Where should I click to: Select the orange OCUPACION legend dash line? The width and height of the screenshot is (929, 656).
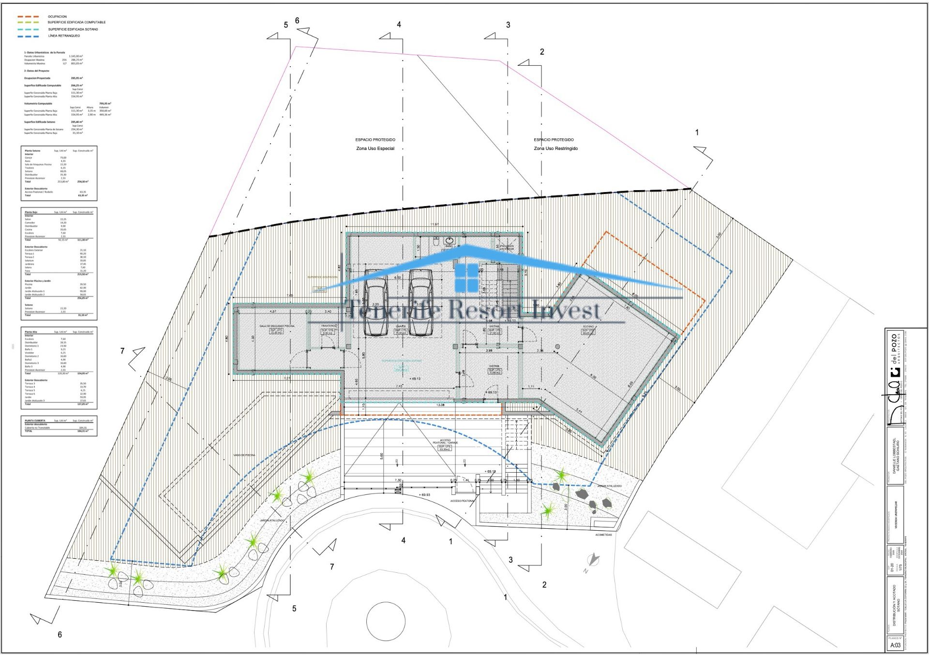click(29, 16)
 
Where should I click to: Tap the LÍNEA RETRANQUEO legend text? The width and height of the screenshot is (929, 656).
click(64, 36)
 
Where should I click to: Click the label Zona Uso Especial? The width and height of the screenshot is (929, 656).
click(375, 149)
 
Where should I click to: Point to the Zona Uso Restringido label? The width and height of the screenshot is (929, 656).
click(555, 149)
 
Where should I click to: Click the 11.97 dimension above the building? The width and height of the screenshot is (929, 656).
click(435, 224)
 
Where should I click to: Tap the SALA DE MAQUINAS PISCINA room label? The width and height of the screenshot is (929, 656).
click(277, 326)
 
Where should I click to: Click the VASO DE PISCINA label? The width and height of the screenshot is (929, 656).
click(244, 455)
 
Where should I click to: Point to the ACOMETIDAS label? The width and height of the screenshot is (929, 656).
click(603, 535)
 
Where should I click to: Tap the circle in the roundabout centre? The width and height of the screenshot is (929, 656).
click(386, 621)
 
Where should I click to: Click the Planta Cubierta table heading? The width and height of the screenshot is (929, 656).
click(35, 421)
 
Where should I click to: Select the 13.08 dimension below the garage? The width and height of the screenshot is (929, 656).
click(440, 405)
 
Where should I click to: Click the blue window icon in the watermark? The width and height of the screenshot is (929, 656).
click(466, 278)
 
